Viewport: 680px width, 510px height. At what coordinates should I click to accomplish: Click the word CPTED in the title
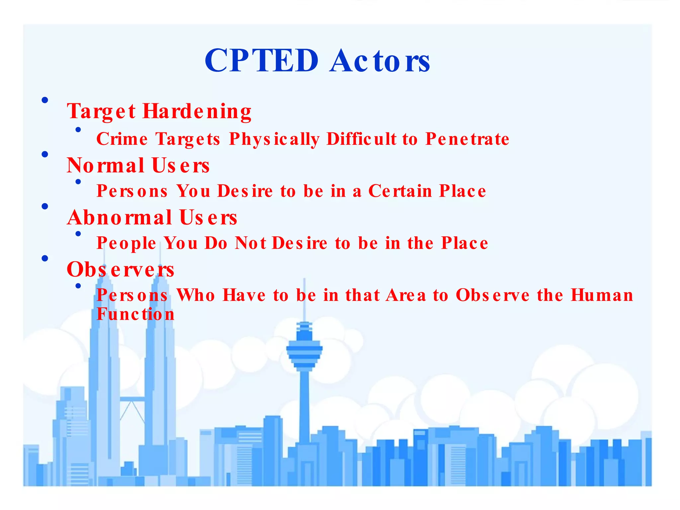pyautogui.click(x=262, y=60)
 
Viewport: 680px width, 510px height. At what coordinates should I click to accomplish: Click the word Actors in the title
pyautogui.click(x=380, y=60)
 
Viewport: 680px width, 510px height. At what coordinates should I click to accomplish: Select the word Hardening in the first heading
pyautogui.click(x=197, y=111)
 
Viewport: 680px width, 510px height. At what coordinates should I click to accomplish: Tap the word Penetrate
pyautogui.click(x=467, y=139)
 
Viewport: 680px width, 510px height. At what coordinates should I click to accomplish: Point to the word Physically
pyautogui.click(x=274, y=139)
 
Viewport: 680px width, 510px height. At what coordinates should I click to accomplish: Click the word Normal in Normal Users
pyautogui.click(x=106, y=165)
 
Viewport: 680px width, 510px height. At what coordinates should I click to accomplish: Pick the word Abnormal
pyautogui.click(x=120, y=217)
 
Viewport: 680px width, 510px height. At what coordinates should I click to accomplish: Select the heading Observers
pyautogui.click(x=120, y=269)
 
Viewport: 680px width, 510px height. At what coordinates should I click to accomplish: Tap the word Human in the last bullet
pyautogui.click(x=602, y=295)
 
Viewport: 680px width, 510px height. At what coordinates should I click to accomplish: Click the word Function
pyautogui.click(x=135, y=314)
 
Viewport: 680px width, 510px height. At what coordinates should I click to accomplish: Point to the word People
pyautogui.click(x=126, y=243)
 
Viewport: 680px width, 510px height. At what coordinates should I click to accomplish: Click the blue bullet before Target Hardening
pyautogui.click(x=45, y=100)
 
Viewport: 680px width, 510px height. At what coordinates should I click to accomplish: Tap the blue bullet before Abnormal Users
pyautogui.click(x=45, y=206)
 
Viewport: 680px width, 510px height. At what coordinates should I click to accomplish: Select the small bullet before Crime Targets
pyautogui.click(x=78, y=129)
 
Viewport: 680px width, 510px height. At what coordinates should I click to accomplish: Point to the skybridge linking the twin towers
pyautogui.click(x=132, y=399)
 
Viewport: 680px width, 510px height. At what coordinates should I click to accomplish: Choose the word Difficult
pyautogui.click(x=361, y=139)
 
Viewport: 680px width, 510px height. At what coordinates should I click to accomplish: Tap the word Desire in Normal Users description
pyautogui.click(x=245, y=191)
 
